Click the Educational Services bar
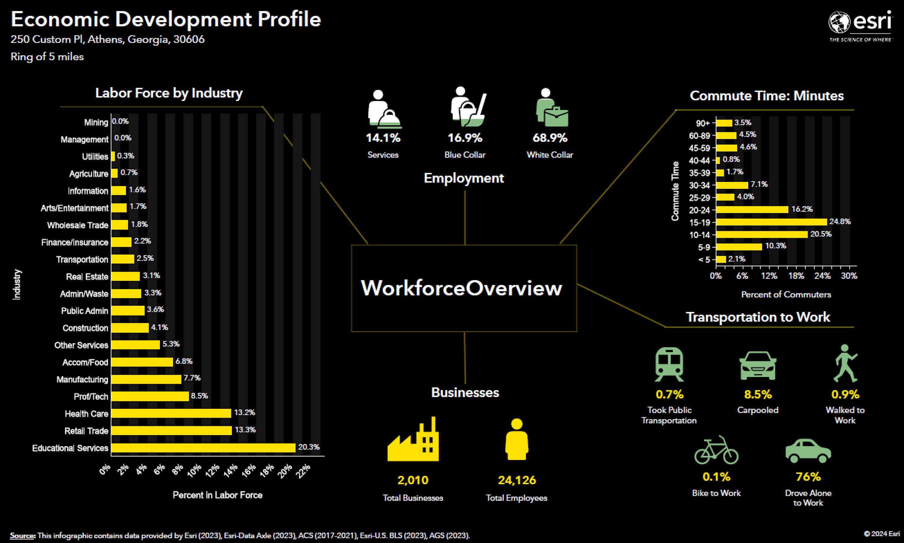203,448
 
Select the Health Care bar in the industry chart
171,413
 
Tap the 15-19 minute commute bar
771,222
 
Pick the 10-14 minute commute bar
762,234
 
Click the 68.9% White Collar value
550,138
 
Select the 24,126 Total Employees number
517,480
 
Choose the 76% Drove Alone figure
808,477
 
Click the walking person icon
846,363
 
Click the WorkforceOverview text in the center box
461,288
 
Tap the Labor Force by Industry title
169,93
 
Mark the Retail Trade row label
86,431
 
